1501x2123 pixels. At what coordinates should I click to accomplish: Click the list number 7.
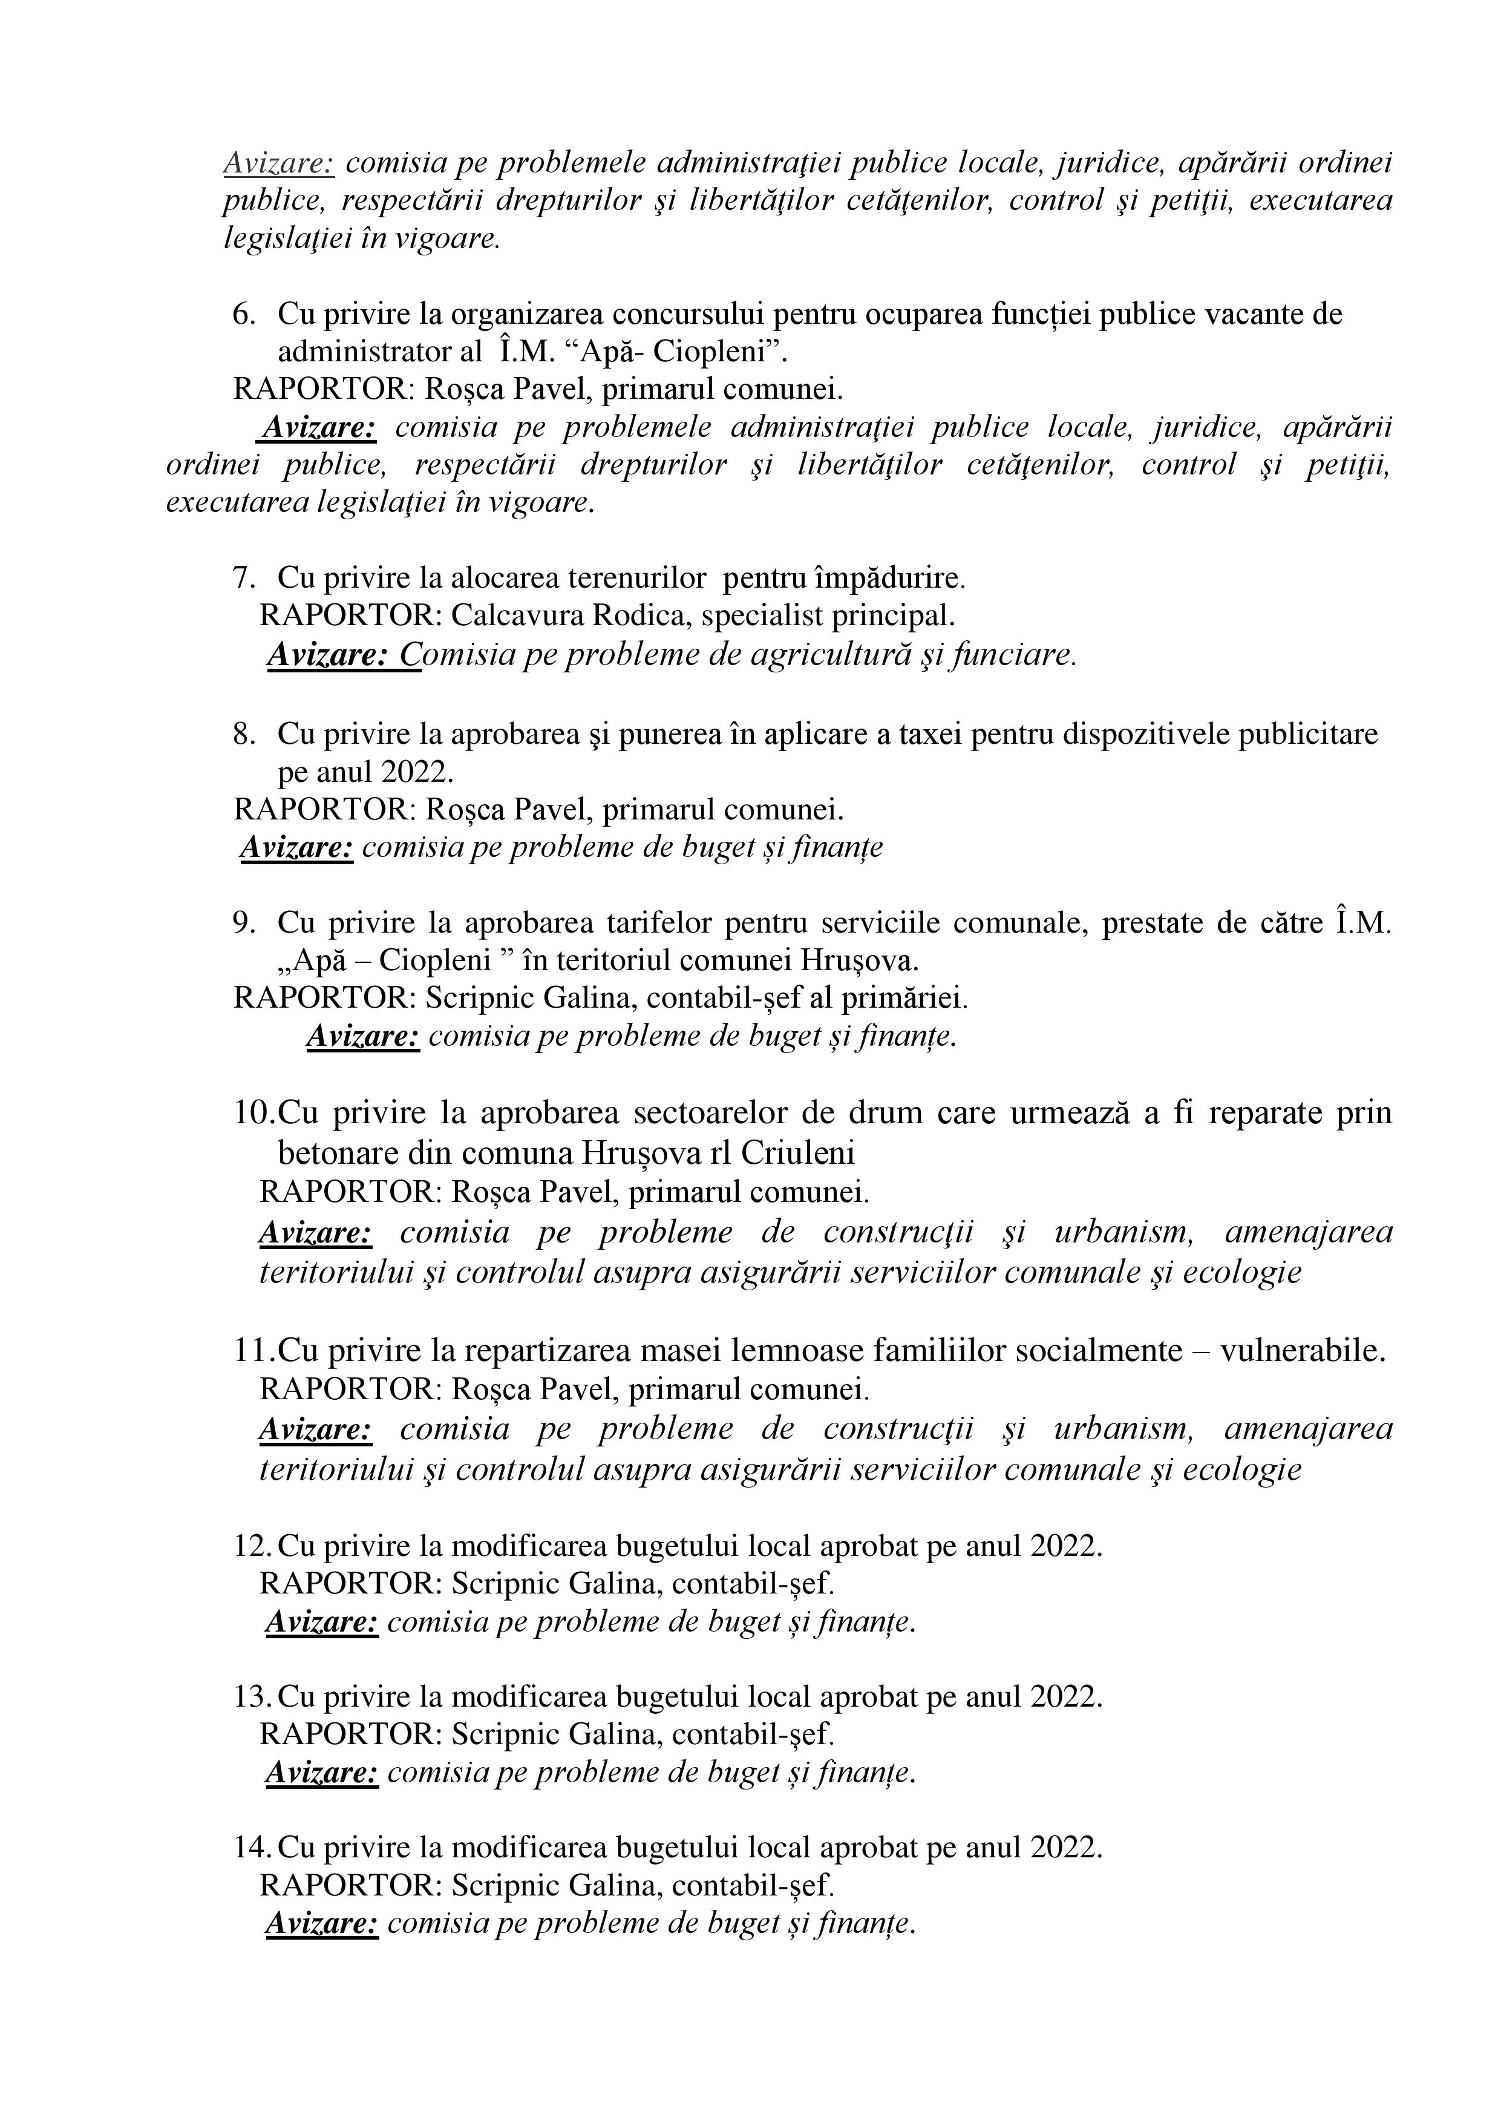click(243, 579)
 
